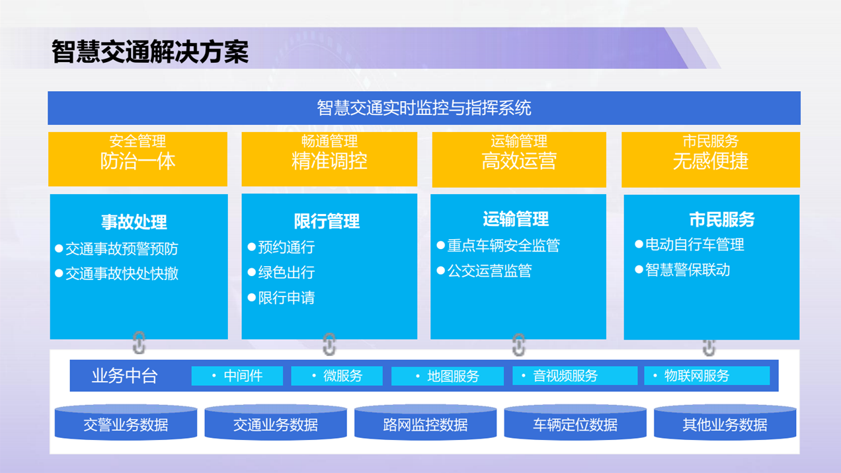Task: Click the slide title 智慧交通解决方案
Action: tap(150, 52)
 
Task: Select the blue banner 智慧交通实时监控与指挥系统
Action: tap(424, 108)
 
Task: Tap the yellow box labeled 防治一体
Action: tap(138, 159)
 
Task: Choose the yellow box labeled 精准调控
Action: tap(329, 159)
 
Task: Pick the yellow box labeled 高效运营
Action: tap(519, 159)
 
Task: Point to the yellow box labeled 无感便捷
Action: tap(711, 159)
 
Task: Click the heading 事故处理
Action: tap(134, 222)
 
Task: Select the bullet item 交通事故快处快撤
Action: tap(117, 273)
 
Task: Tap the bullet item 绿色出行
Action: tap(281, 272)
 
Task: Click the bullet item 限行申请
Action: tap(281, 298)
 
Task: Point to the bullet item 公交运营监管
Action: tap(485, 270)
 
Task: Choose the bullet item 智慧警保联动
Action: tap(682, 270)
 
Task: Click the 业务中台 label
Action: tap(125, 375)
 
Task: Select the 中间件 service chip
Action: tap(237, 376)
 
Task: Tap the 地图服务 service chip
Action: tap(448, 376)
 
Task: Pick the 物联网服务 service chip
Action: tap(707, 376)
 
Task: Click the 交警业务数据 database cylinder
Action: tap(126, 422)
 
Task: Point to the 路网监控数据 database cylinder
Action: tap(425, 422)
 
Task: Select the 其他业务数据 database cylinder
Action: tap(725, 422)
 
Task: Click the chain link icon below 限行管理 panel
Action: tap(329, 344)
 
